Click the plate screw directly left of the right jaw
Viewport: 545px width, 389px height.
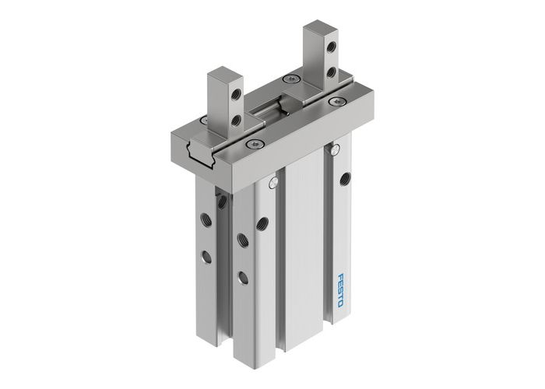pos(290,79)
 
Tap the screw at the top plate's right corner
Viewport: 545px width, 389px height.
pos(336,101)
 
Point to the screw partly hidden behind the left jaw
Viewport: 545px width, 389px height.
pos(204,120)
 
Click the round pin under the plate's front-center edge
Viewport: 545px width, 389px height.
pos(273,183)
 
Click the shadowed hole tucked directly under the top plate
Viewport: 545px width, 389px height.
pos(222,201)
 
